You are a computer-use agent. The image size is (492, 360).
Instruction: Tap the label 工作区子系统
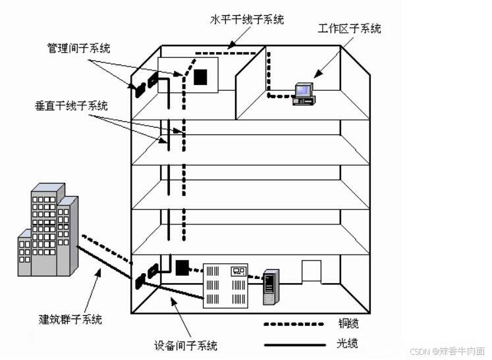pos(349,29)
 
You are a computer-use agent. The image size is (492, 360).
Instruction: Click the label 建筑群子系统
pos(70,320)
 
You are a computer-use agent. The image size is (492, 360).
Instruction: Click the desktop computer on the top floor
pos(304,93)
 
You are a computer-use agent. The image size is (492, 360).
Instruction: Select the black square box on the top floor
pos(201,77)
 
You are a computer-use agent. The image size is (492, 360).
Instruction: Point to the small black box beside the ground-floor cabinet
pos(182,267)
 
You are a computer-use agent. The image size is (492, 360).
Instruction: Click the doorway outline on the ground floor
pos(311,270)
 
